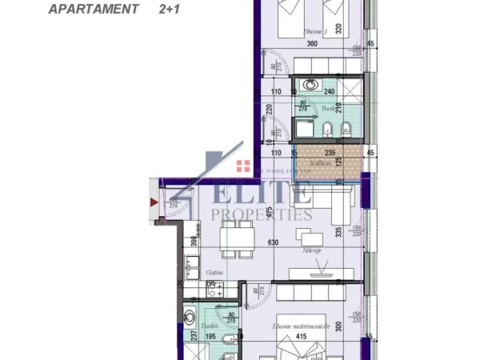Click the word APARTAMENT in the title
(92, 10)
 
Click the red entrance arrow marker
(154, 202)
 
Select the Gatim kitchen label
(212, 272)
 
